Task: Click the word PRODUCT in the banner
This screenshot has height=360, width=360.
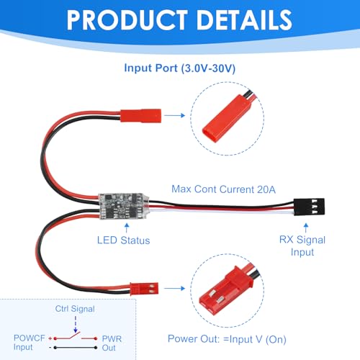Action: tap(127, 20)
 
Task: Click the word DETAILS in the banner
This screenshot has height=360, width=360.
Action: tap(244, 20)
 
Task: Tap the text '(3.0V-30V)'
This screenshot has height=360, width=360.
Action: tap(208, 68)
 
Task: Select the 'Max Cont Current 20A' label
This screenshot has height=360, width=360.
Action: tap(223, 189)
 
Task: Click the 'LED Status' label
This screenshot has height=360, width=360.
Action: tap(123, 240)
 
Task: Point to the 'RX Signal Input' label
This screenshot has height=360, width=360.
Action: tap(302, 246)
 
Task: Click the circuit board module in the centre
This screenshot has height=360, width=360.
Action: tap(124, 206)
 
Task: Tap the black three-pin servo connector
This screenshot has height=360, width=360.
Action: tap(309, 207)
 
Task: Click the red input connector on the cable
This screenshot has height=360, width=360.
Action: tap(140, 116)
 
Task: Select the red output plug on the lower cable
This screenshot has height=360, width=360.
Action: tap(144, 289)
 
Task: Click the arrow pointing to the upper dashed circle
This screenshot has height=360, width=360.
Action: tap(175, 115)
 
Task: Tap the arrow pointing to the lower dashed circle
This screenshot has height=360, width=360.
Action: tap(175, 288)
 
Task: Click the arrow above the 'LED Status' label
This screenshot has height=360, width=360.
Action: tap(127, 228)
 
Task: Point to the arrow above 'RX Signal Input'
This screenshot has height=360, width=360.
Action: tap(306, 228)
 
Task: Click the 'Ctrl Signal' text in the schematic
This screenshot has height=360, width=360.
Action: tap(75, 309)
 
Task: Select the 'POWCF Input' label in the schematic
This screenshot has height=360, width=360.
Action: tap(30, 343)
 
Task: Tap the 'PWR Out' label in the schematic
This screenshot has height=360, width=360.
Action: tap(112, 343)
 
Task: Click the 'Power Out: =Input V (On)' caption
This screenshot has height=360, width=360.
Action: tap(227, 339)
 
